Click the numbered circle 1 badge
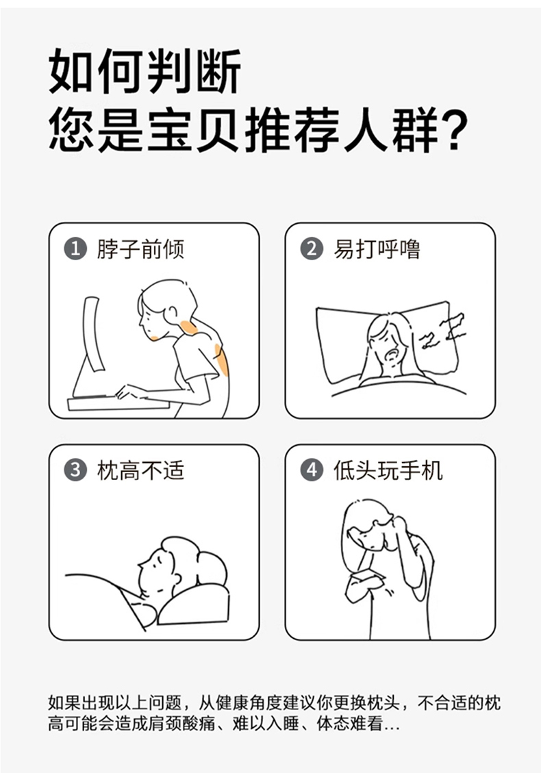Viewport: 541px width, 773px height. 75,249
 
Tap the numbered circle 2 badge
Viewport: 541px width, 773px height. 312,249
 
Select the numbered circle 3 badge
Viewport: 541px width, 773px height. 75,470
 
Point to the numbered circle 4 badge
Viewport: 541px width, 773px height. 312,470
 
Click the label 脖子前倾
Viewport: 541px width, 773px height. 140,249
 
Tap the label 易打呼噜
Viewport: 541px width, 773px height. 377,249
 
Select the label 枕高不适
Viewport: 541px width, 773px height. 140,470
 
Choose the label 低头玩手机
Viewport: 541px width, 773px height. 388,470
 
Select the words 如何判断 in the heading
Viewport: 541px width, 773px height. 145,71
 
